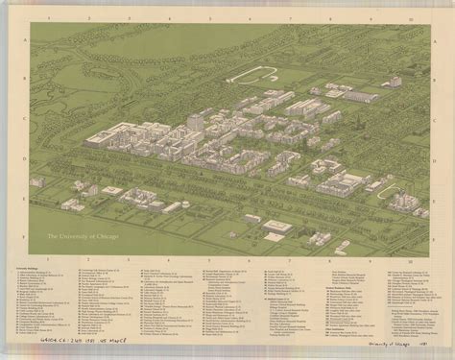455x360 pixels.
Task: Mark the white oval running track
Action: [251, 75]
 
